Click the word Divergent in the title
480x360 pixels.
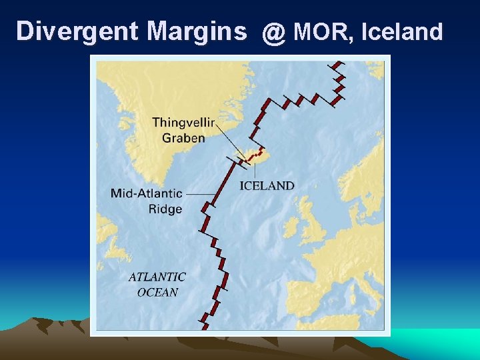click(x=77, y=31)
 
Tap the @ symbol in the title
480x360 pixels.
click(x=273, y=32)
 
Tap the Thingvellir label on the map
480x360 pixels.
click(x=193, y=122)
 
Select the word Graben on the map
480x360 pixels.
click(x=183, y=138)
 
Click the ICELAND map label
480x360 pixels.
click(x=267, y=185)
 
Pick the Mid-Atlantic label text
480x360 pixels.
click(x=147, y=193)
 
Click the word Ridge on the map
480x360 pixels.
click(x=165, y=209)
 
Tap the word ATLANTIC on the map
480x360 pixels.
click(x=157, y=277)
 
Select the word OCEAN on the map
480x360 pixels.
click(x=158, y=292)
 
